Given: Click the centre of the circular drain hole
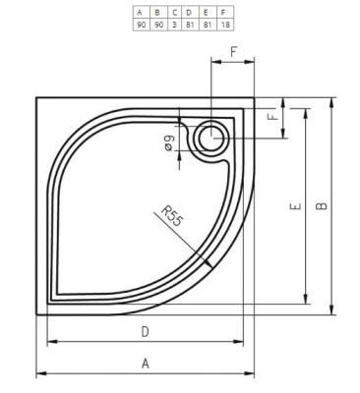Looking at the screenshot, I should [210, 140].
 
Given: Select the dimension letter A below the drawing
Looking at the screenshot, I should [145, 364].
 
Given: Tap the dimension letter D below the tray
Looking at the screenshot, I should [145, 331].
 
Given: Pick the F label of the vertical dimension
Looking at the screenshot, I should [272, 117].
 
